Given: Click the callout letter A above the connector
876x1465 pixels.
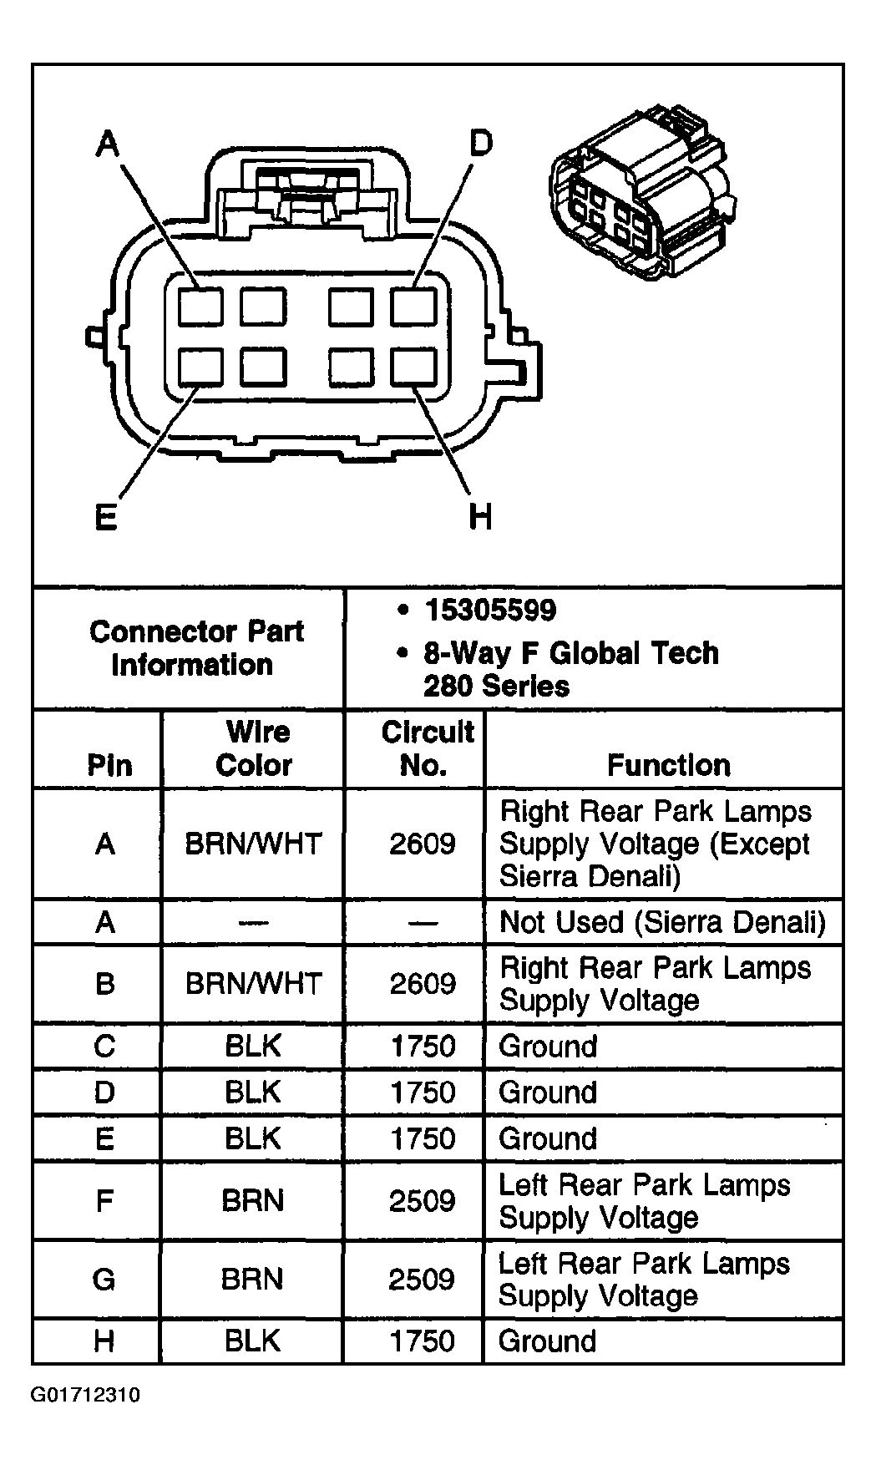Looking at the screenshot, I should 107,144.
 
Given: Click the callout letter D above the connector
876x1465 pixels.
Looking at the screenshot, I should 480,144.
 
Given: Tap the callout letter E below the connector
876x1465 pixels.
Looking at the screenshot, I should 105,518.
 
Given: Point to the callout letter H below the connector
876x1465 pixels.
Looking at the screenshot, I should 480,518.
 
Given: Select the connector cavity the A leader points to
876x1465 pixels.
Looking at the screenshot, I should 201,306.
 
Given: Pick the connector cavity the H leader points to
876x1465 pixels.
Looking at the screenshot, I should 413,367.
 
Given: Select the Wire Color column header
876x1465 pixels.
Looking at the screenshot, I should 254,748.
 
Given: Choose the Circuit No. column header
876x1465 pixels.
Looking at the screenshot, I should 426,748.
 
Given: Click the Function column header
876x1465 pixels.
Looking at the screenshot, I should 668,764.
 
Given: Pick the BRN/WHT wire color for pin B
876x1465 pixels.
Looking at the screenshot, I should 254,983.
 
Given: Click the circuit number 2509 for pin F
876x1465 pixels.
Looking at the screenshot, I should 422,1201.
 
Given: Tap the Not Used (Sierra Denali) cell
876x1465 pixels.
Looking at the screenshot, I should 662,922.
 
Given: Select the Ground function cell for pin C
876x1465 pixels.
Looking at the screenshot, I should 548,1046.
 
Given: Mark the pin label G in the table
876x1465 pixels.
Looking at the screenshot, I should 104,1279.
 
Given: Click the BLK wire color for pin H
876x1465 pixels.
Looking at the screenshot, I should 253,1341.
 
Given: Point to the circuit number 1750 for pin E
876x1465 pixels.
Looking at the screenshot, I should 423,1138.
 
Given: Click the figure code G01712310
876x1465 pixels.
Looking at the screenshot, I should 86,1395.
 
